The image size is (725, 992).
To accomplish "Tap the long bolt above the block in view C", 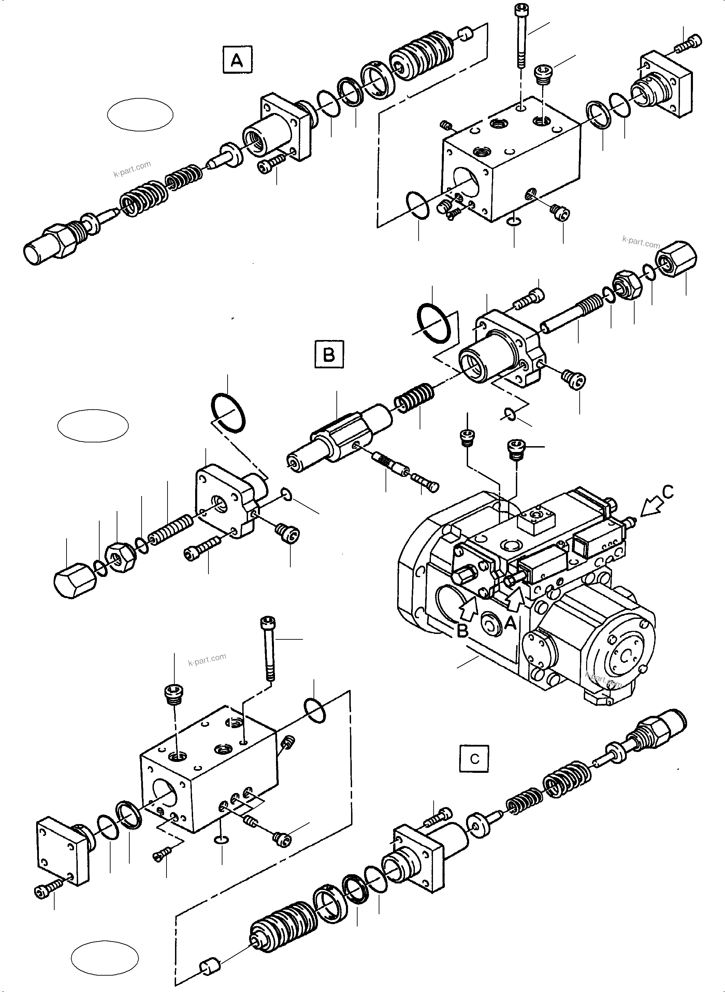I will pyautogui.click(x=268, y=648).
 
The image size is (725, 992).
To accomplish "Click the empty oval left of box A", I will pyautogui.click(x=140, y=114).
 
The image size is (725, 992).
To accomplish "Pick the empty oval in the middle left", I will pyautogui.click(x=92, y=426).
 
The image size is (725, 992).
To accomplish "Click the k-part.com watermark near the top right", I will pyautogui.click(x=641, y=242).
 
